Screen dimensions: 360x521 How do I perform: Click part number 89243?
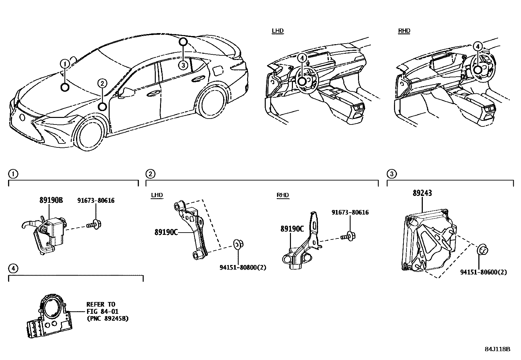click(422, 193)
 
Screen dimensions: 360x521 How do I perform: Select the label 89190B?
click(51, 200)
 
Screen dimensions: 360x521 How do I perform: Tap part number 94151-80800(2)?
click(243, 267)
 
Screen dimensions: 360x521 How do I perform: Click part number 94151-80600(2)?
click(483, 272)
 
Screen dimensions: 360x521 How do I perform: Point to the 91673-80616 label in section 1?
click(96, 200)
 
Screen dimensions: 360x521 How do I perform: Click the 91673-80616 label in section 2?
click(350, 212)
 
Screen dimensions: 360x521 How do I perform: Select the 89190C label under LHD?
click(166, 232)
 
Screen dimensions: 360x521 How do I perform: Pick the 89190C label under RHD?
click(292, 229)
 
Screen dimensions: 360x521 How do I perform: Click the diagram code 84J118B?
click(497, 349)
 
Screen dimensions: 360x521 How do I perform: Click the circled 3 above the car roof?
click(183, 65)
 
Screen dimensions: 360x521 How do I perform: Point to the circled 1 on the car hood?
click(65, 64)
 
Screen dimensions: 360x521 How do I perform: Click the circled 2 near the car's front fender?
click(102, 84)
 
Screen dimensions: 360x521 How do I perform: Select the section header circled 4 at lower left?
click(13, 269)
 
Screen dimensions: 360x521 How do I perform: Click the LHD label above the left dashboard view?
click(278, 31)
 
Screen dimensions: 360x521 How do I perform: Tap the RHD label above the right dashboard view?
click(404, 31)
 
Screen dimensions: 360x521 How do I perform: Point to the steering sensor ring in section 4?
click(52, 307)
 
